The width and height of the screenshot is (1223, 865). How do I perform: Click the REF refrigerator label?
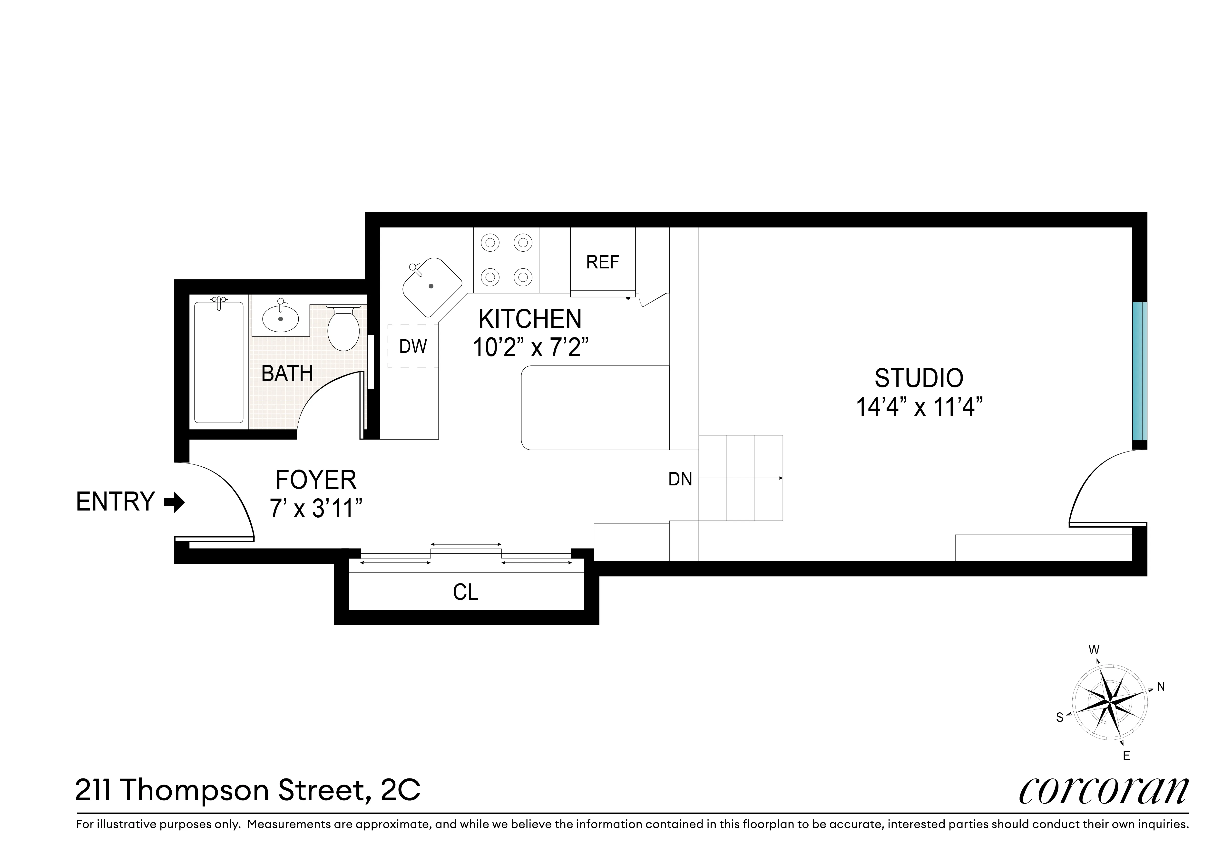click(x=602, y=262)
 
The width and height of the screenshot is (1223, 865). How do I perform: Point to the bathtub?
click(x=219, y=362)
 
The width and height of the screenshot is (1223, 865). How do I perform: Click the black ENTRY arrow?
click(x=174, y=502)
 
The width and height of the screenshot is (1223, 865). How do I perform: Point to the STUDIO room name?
click(x=919, y=378)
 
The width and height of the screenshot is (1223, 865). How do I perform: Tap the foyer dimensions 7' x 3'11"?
click(x=316, y=509)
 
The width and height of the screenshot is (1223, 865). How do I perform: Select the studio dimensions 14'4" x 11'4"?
click(x=919, y=407)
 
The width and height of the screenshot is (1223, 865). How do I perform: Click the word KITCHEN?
click(x=530, y=319)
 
